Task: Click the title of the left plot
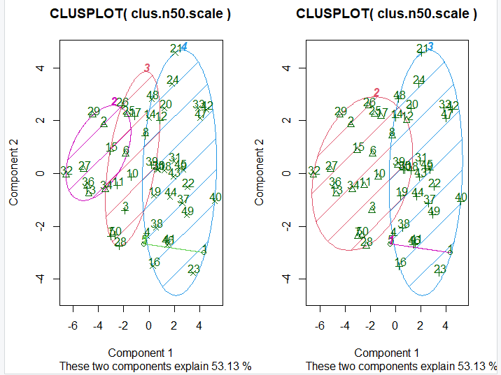[141, 14]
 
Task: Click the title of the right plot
[386, 14]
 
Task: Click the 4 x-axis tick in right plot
[446, 325]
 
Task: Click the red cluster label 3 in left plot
[147, 68]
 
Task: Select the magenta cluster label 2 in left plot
[114, 102]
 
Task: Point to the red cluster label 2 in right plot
[376, 92]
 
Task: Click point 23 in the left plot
[194, 270]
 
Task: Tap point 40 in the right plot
[460, 198]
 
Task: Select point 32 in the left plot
[66, 170]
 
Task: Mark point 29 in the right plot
[340, 112]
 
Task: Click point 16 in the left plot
[154, 263]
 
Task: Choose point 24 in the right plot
[419, 80]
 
